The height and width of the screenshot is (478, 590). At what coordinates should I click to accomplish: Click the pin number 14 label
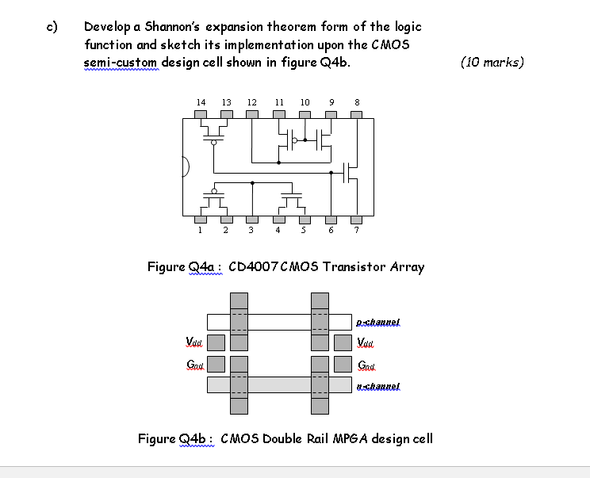tap(201, 102)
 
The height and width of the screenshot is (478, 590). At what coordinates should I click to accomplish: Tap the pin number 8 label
tap(357, 102)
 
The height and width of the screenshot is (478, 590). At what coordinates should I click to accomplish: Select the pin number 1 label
tap(200, 231)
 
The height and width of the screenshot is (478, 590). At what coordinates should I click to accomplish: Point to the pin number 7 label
tap(357, 231)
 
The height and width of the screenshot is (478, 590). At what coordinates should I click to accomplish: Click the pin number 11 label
tap(278, 102)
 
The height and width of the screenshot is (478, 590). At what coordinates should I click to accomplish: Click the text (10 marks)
tap(492, 62)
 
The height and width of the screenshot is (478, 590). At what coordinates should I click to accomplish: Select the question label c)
tap(52, 26)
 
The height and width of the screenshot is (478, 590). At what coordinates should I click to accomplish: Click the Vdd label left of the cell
tap(193, 342)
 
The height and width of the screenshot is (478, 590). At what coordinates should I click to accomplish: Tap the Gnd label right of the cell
tap(368, 365)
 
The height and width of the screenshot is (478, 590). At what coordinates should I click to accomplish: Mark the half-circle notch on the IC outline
tap(186, 167)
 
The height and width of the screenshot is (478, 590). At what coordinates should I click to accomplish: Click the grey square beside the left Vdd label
tap(216, 343)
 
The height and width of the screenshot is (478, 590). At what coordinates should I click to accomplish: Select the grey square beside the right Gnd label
tap(343, 365)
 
